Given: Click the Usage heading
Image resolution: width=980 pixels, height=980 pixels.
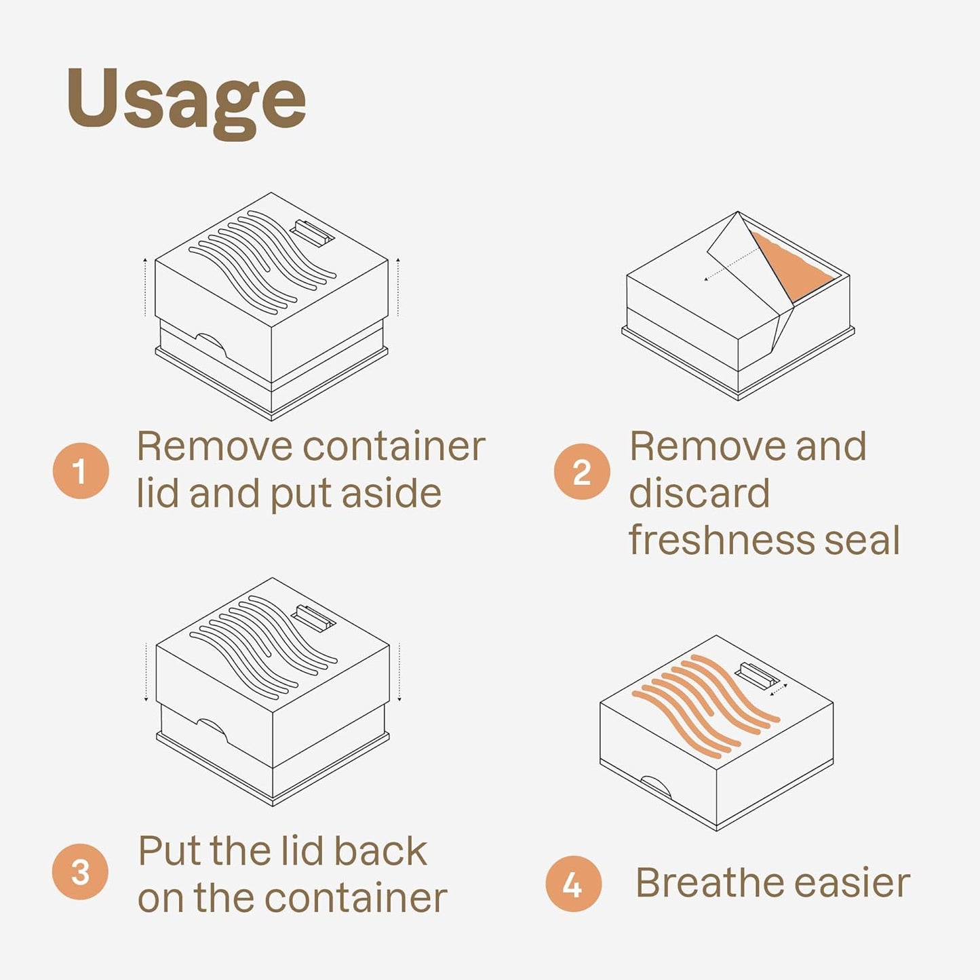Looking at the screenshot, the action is tap(187, 104).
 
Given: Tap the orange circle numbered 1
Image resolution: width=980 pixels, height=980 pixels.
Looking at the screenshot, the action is tap(81, 471).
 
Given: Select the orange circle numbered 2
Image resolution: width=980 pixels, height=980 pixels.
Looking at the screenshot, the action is tap(582, 471).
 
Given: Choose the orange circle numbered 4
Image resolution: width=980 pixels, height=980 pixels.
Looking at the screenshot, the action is tap(573, 884).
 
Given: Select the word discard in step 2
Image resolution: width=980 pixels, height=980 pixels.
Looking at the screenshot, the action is tap(699, 492).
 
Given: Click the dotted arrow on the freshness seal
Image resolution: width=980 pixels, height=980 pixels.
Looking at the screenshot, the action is tap(730, 264).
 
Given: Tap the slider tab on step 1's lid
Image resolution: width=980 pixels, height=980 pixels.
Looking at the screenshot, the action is tap(312, 233).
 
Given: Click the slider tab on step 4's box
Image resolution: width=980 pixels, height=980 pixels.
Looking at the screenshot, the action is tap(758, 676).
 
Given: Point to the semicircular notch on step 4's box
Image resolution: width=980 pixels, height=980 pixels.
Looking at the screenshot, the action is tap(656, 786).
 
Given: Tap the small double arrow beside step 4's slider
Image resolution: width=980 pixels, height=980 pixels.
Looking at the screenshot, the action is tap(779, 690).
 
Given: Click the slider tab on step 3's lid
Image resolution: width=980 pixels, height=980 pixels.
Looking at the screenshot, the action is tap(313, 619).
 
